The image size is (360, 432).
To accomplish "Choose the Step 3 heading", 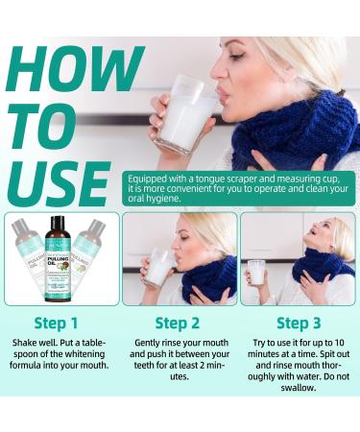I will point(299,324).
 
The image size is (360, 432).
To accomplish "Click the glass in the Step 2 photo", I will point(158,269).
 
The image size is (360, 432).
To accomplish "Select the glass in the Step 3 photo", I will point(256,273).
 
